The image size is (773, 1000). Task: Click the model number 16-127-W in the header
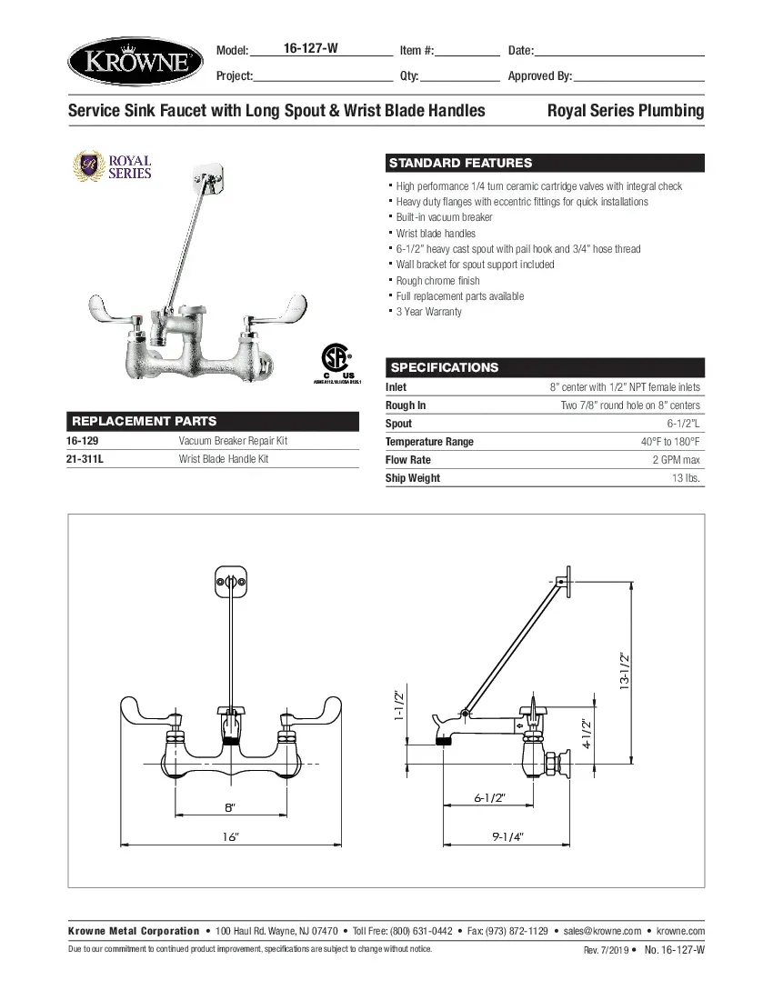pos(311,49)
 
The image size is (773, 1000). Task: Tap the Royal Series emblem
pos(113,166)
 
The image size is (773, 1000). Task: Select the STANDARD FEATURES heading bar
pos(545,164)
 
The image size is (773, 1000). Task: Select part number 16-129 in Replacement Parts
pos(83,441)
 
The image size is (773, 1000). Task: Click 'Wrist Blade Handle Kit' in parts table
pos(224,459)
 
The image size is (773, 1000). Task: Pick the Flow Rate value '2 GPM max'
pos(677,460)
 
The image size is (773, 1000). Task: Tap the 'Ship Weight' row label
pos(413,478)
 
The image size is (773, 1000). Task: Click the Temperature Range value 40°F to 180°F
pos(670,442)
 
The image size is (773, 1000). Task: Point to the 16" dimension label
pos(230,836)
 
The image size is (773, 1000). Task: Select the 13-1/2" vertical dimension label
pos(625,671)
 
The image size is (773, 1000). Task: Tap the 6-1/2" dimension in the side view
pos(489,797)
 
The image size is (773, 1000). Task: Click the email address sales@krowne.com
pos(602,931)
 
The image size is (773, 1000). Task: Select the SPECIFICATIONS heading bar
pos(545,367)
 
